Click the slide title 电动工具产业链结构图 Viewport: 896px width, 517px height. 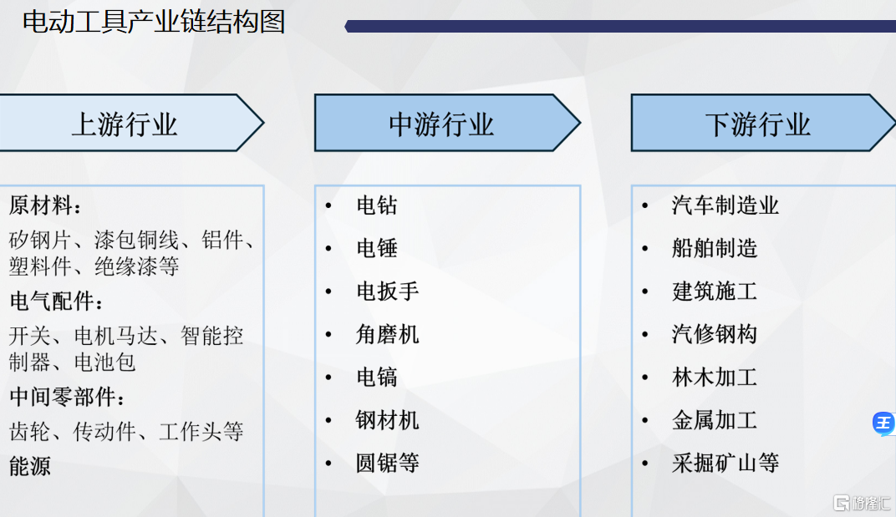coord(154,23)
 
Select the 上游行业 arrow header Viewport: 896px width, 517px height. coord(131,123)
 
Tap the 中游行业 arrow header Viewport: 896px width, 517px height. coord(447,123)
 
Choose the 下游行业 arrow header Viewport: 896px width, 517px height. coord(763,123)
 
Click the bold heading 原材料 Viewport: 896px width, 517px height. coord(45,205)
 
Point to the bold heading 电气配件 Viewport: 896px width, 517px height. coord(56,301)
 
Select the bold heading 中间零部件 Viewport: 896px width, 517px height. coord(67,397)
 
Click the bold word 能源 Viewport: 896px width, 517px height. coord(30,465)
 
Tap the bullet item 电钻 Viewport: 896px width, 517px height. coord(377,205)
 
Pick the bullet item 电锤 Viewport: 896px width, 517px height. coord(377,248)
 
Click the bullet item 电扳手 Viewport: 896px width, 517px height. coord(388,291)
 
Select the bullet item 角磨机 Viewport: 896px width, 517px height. coord(388,334)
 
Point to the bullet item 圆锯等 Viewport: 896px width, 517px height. coord(388,463)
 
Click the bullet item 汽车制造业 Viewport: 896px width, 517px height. coord(725,205)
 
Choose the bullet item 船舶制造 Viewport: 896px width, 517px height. coord(715,248)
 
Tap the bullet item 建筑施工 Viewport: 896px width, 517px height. coord(715,291)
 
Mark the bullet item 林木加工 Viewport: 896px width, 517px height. coord(715,377)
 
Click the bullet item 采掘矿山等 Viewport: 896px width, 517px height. coord(725,463)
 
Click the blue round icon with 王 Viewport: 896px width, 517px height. coord(884,423)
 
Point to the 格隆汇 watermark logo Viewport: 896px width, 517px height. coord(862,503)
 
